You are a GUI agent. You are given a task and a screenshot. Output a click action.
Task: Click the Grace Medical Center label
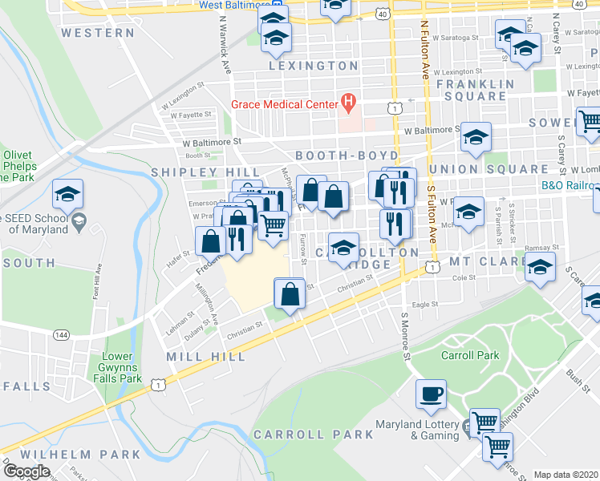pyautogui.click(x=284, y=104)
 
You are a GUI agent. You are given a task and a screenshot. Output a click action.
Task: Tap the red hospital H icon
pyautogui.click(x=348, y=102)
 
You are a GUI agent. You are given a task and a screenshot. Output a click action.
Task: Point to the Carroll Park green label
pyautogui.click(x=469, y=355)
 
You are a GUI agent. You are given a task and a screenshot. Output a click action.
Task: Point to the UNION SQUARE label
pyautogui.click(x=489, y=169)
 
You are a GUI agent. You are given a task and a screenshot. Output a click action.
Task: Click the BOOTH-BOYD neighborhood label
pyautogui.click(x=347, y=154)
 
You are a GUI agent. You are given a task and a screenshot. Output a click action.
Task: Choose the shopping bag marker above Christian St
pyautogui.click(x=290, y=294)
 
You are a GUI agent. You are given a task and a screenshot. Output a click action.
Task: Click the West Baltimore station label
pyautogui.click(x=233, y=6)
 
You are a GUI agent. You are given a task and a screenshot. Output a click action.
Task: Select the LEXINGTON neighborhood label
pyautogui.click(x=313, y=65)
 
